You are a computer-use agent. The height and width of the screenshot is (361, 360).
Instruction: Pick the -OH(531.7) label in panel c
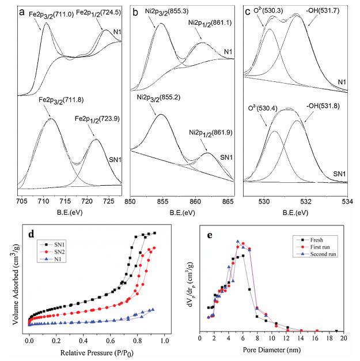[325, 10]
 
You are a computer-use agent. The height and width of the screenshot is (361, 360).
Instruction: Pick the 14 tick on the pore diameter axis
[301, 339]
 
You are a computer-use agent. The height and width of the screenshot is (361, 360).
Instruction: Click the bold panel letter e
[209, 235]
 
